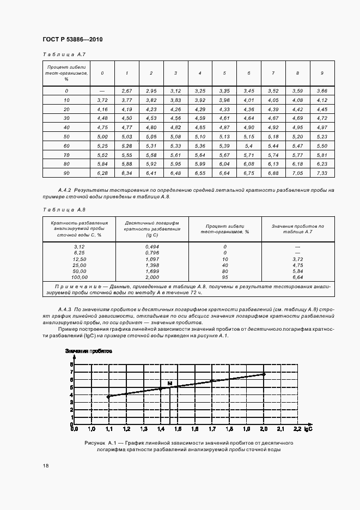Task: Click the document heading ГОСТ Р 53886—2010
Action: pyautogui.click(x=72, y=40)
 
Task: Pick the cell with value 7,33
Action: pyautogui.click(x=322, y=173)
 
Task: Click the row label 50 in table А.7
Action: pyautogui.click(x=66, y=136)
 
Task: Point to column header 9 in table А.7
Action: pyautogui.click(x=322, y=73)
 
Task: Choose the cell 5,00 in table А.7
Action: pyautogui.click(x=102, y=136)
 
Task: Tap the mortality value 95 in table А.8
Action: pyautogui.click(x=224, y=277)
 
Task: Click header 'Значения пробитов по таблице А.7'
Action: pyautogui.click(x=297, y=228)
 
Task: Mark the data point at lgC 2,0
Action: pyautogui.click(x=264, y=374)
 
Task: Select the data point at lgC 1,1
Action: pyautogui.click(x=108, y=397)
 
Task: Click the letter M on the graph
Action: pyautogui.click(x=169, y=384)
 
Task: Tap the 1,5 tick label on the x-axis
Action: pyautogui.click(x=178, y=429)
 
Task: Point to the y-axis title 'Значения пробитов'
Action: pyautogui.click(x=89, y=351)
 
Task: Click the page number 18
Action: pyautogui.click(x=45, y=465)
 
